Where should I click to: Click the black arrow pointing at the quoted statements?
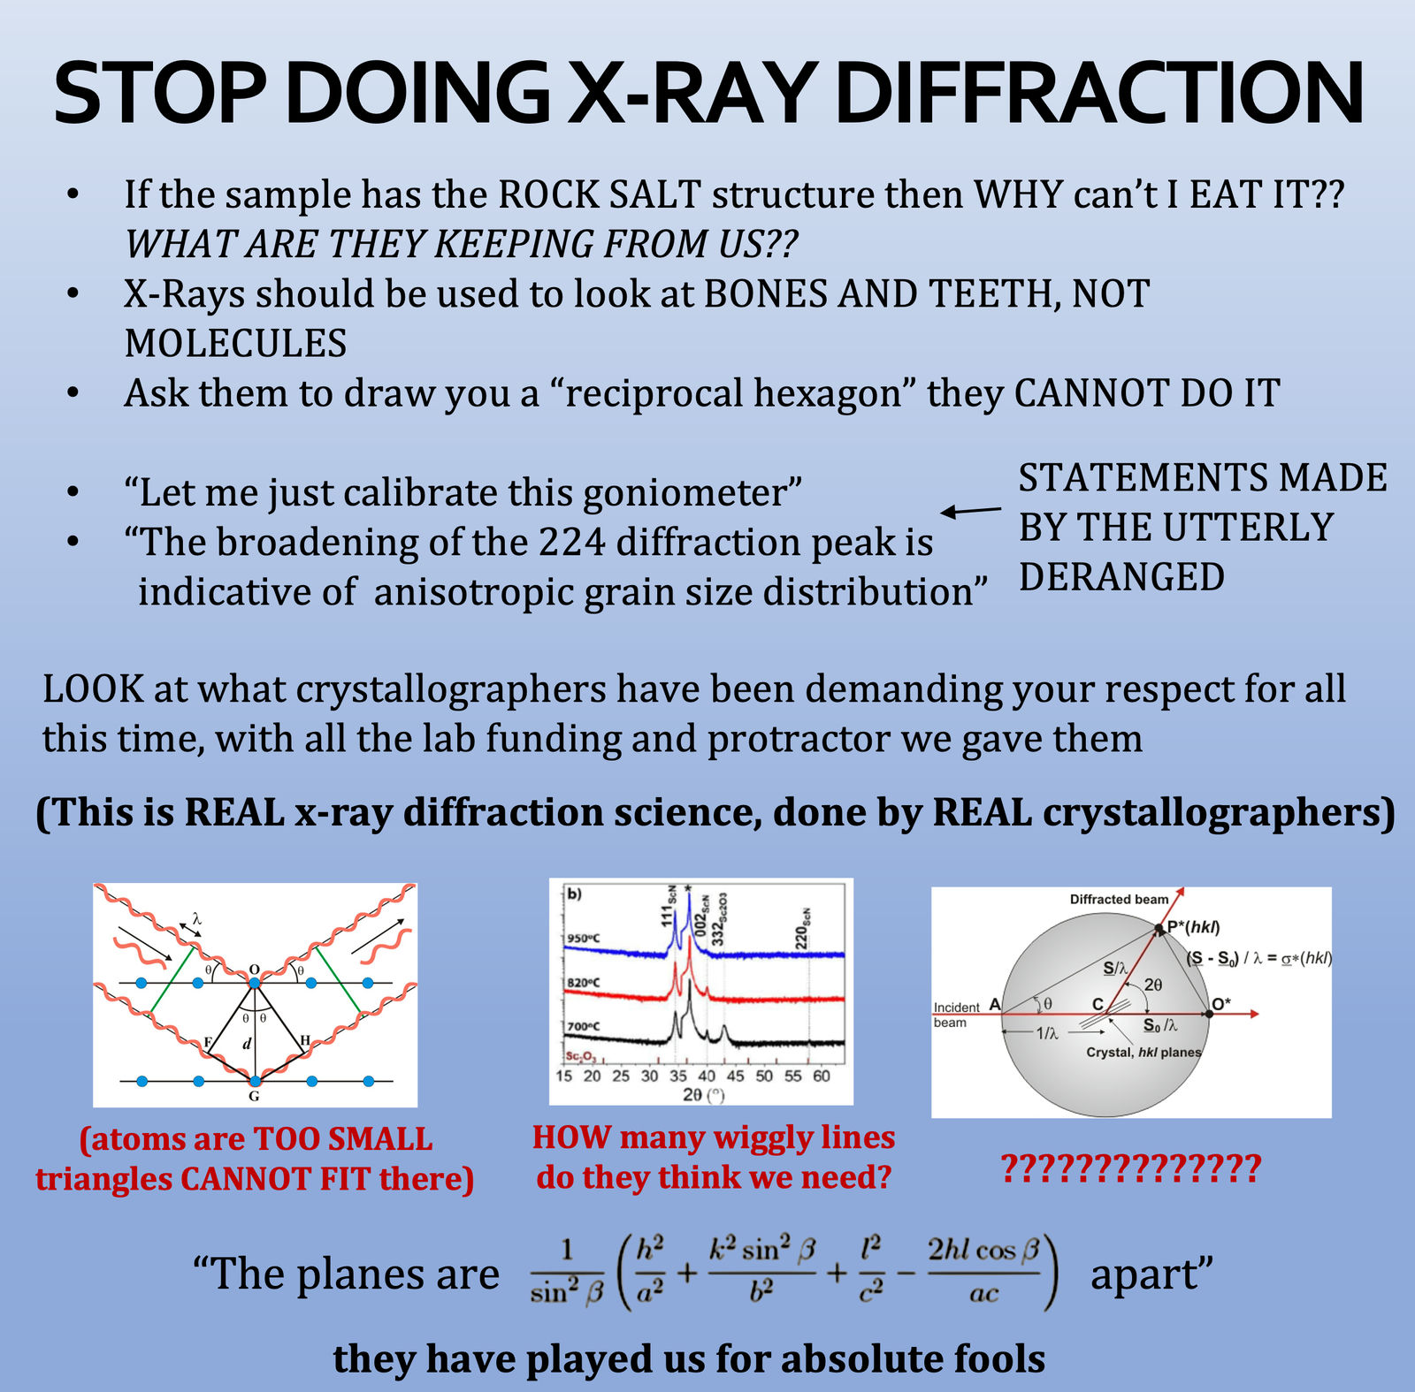(970, 511)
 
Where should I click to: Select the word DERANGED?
(1121, 577)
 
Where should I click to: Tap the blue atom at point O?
(255, 982)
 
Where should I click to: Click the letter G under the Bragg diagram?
(254, 1096)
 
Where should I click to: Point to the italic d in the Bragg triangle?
(247, 1044)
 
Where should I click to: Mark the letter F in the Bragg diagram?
(208, 1042)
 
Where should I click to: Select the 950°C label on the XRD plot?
(584, 938)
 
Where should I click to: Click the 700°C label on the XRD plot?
(584, 1026)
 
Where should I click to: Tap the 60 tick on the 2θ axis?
(822, 1076)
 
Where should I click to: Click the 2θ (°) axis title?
(703, 1095)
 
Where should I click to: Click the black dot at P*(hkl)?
(1159, 929)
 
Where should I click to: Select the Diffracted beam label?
(1119, 899)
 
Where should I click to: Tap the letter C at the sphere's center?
(1098, 1004)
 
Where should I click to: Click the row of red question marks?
(1131, 1168)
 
